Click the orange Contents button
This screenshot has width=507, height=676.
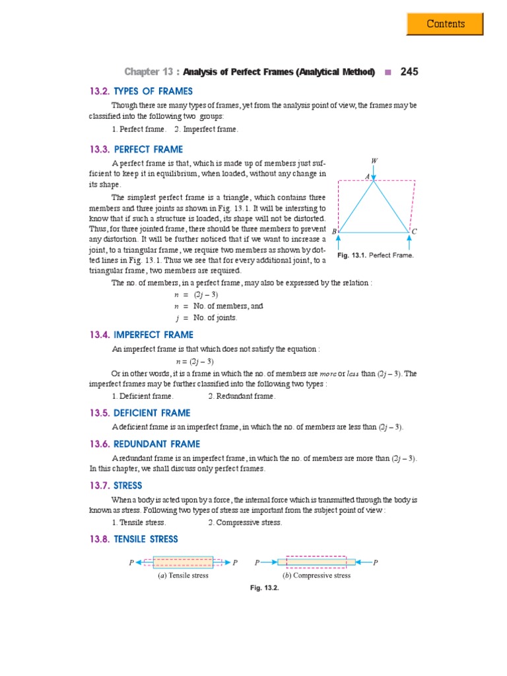point(446,24)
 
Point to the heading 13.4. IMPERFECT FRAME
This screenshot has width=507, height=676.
point(141,335)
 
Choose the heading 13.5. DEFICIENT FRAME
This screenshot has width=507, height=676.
point(140,413)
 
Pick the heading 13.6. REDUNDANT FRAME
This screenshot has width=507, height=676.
point(145,444)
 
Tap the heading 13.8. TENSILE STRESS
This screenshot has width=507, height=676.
point(134,539)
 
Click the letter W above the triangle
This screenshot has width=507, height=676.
point(374,160)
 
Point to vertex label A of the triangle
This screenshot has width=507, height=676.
point(368,176)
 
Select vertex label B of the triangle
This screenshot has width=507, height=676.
point(334,232)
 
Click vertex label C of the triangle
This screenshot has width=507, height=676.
point(414,232)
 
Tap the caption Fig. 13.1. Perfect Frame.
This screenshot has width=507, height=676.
point(375,255)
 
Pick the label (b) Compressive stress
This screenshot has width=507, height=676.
point(316,575)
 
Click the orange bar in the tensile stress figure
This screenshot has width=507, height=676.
point(183,562)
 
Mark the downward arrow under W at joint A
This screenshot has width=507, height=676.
point(374,173)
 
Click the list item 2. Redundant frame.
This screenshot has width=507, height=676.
point(242,396)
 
